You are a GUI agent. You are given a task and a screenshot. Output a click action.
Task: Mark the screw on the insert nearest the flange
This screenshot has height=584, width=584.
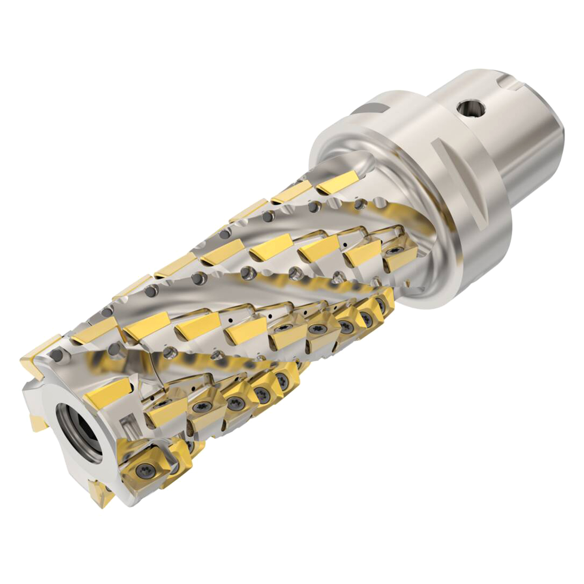click(x=393, y=250)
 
